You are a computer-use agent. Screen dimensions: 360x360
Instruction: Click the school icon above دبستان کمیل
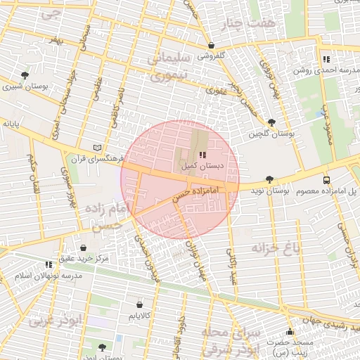click(x=202, y=154)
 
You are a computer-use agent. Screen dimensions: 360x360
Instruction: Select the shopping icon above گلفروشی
click(x=211, y=45)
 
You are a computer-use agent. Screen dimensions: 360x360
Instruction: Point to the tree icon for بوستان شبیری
click(x=25, y=75)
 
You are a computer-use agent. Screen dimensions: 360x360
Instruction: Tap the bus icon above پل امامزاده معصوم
click(x=326, y=180)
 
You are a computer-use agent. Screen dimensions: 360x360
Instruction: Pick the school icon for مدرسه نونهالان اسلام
click(x=49, y=265)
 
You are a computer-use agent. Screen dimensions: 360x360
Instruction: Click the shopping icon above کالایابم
click(x=139, y=305)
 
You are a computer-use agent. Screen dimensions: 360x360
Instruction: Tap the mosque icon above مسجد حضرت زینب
click(x=290, y=332)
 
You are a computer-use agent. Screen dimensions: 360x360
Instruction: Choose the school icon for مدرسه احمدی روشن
click(x=326, y=59)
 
